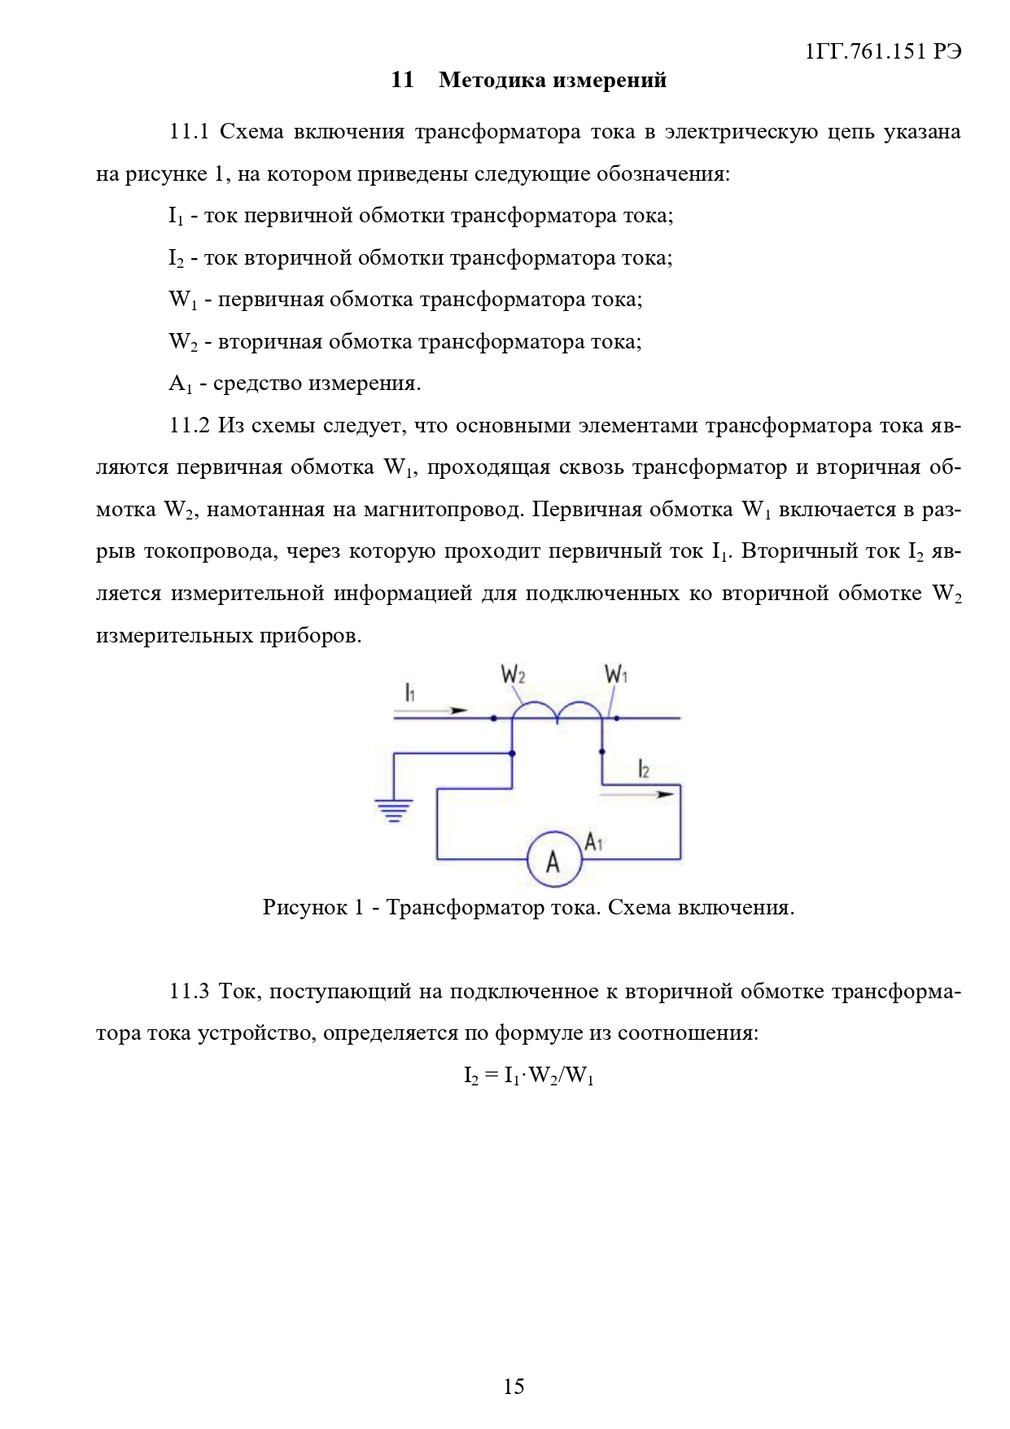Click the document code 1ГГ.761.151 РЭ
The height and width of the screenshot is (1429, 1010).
[883, 51]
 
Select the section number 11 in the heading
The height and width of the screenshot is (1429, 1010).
[402, 80]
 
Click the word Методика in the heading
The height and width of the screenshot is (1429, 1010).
[484, 80]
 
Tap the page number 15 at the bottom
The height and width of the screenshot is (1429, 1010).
[514, 1386]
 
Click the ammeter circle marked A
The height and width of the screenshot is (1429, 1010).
[553, 859]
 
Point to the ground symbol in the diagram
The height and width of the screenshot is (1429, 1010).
[393, 810]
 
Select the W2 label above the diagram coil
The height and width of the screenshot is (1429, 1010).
[513, 675]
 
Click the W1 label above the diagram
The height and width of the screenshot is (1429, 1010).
[616, 675]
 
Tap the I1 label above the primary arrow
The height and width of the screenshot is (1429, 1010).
[410, 693]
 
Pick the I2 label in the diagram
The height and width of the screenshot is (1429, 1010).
[643, 769]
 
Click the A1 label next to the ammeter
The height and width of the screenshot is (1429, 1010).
[594, 841]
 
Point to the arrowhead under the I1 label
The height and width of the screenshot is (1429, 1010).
[460, 710]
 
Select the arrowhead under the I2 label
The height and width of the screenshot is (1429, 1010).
[666, 793]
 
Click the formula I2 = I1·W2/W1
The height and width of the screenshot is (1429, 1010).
[528, 1076]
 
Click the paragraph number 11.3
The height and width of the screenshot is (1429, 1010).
[189, 991]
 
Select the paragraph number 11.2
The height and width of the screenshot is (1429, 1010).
[189, 425]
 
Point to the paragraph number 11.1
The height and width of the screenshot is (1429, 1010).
[189, 131]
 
